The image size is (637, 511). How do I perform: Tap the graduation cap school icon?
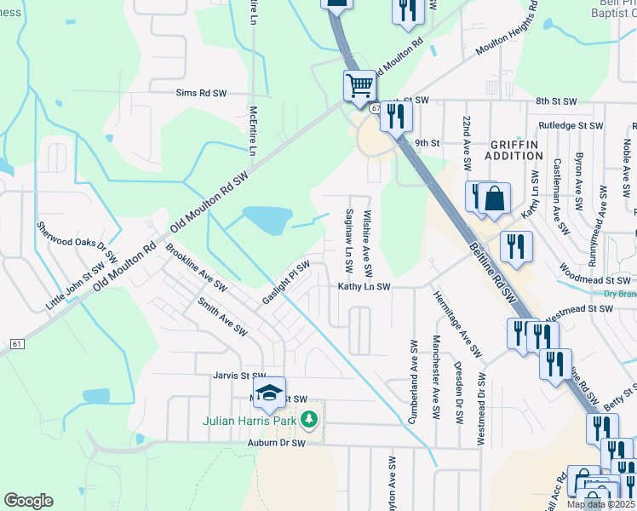click(270, 392)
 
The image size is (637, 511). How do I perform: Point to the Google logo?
click(28, 501)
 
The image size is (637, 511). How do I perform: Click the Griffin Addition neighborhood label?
click(514, 150)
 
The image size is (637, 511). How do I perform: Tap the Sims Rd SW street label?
click(201, 92)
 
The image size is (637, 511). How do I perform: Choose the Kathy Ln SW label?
click(364, 287)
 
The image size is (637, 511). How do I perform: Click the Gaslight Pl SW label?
click(285, 282)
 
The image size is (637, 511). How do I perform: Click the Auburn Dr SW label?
click(277, 444)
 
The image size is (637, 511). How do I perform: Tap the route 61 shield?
click(17, 343)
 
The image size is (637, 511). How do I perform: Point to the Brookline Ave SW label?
click(197, 266)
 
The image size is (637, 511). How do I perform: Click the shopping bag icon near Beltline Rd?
click(494, 199)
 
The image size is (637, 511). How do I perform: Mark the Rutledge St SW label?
click(566, 125)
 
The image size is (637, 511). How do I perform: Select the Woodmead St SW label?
click(595, 279)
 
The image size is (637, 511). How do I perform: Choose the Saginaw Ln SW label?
click(348, 244)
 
